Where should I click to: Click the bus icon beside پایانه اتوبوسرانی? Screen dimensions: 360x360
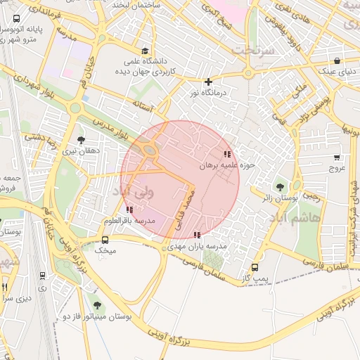(16, 19)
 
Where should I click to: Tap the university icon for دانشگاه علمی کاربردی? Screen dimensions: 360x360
(145, 51)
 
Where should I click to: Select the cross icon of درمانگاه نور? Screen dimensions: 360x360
(207, 82)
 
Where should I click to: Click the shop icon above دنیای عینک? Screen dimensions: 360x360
(338, 60)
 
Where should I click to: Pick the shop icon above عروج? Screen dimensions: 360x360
(337, 157)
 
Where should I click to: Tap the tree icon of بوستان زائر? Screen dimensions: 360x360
(281, 187)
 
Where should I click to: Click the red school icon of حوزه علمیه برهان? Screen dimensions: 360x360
(226, 153)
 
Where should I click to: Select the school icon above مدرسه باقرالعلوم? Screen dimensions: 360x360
(128, 210)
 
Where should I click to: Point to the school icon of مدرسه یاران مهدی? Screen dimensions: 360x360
(196, 235)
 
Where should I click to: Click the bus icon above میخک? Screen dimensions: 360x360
(105, 240)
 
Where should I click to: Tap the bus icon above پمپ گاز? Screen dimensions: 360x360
(255, 267)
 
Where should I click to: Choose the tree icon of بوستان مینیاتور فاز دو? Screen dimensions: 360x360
(96, 304)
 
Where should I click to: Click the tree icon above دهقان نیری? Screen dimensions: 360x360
(82, 139)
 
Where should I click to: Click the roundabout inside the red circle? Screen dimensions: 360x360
(149, 148)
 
